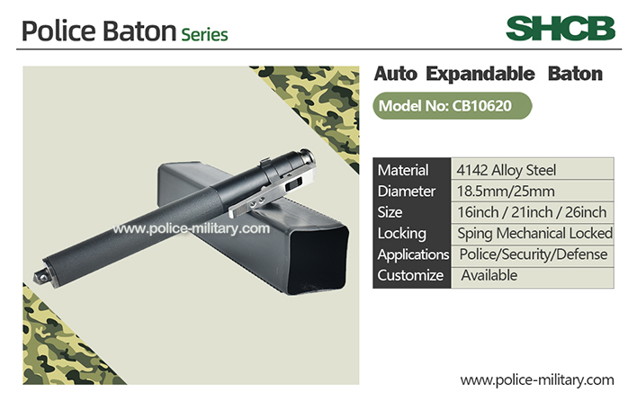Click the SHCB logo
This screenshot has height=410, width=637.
click(561, 29)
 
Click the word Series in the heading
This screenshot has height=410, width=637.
click(204, 34)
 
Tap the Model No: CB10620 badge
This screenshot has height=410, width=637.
click(453, 106)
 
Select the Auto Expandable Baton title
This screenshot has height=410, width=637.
click(488, 74)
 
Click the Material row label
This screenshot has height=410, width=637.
click(403, 170)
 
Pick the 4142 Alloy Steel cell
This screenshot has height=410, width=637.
click(533, 169)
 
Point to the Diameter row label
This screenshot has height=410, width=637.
click(407, 192)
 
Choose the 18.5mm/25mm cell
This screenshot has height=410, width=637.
click(533, 191)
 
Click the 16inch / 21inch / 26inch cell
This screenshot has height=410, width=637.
click(533, 212)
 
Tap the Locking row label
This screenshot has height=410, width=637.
click(402, 234)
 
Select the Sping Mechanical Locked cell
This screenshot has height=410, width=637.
click(533, 234)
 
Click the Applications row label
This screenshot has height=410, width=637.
click(413, 254)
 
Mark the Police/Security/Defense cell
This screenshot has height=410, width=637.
click(533, 255)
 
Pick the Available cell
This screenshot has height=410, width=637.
click(533, 276)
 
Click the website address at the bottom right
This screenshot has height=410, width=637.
click(537, 380)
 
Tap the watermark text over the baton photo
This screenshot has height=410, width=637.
click(191, 228)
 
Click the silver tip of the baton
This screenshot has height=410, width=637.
click(40, 277)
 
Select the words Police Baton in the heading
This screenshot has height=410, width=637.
click(99, 31)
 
